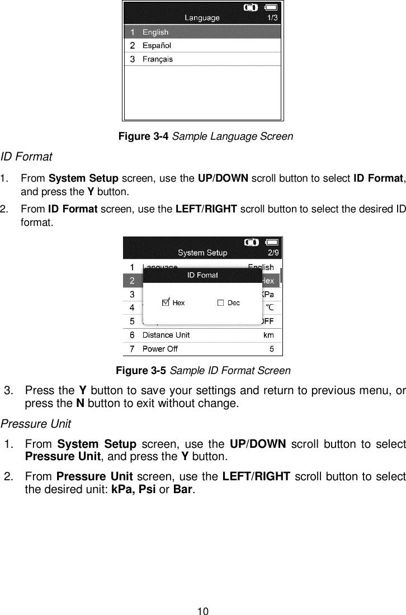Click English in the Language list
tap(155, 32)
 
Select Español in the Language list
tap(157, 45)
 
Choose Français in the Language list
tap(158, 59)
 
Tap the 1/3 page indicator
tap(272, 18)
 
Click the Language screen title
tap(202, 18)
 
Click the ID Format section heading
tap(27, 155)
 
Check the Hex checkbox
tap(166, 302)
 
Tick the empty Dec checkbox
tap(220, 302)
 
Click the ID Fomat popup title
tap(202, 275)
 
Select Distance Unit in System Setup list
tap(166, 335)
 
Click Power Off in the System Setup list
tap(161, 349)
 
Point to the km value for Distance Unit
tap(268, 335)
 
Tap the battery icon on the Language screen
tap(271, 7)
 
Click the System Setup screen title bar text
tap(202, 253)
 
